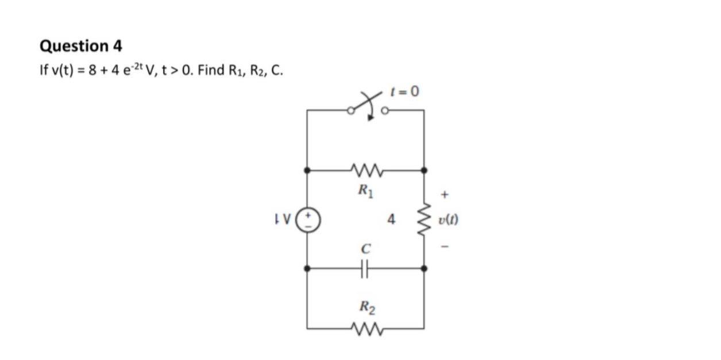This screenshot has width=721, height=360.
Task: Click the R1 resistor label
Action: coord(365,189)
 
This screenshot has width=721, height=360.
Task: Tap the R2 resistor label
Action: coord(367,308)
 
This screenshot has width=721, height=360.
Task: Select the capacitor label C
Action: coord(365,249)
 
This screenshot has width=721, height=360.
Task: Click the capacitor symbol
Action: coord(365,268)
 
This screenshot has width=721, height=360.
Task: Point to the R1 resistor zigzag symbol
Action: coord(365,170)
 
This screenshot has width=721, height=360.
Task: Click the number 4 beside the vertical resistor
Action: coord(392,219)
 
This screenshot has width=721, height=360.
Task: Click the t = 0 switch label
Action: coord(405,91)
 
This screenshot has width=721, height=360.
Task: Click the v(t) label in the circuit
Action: coord(449,219)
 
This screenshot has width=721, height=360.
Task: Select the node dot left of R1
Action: coord(307,170)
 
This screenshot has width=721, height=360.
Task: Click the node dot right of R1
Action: coord(425,170)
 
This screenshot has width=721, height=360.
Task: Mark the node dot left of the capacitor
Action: coord(307,268)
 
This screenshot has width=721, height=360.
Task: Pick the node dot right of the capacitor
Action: coord(425,268)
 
